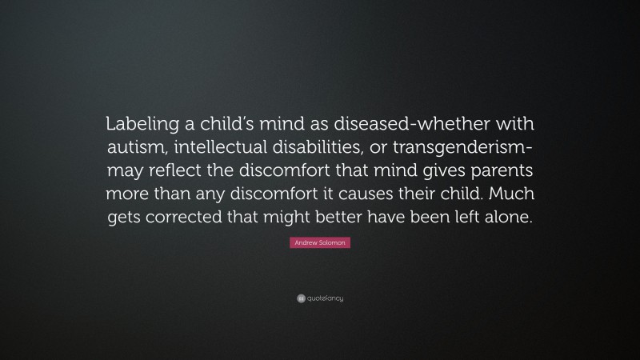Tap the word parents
coord(496,174)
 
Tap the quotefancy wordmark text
coord(325,298)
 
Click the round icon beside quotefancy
coord(300,298)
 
